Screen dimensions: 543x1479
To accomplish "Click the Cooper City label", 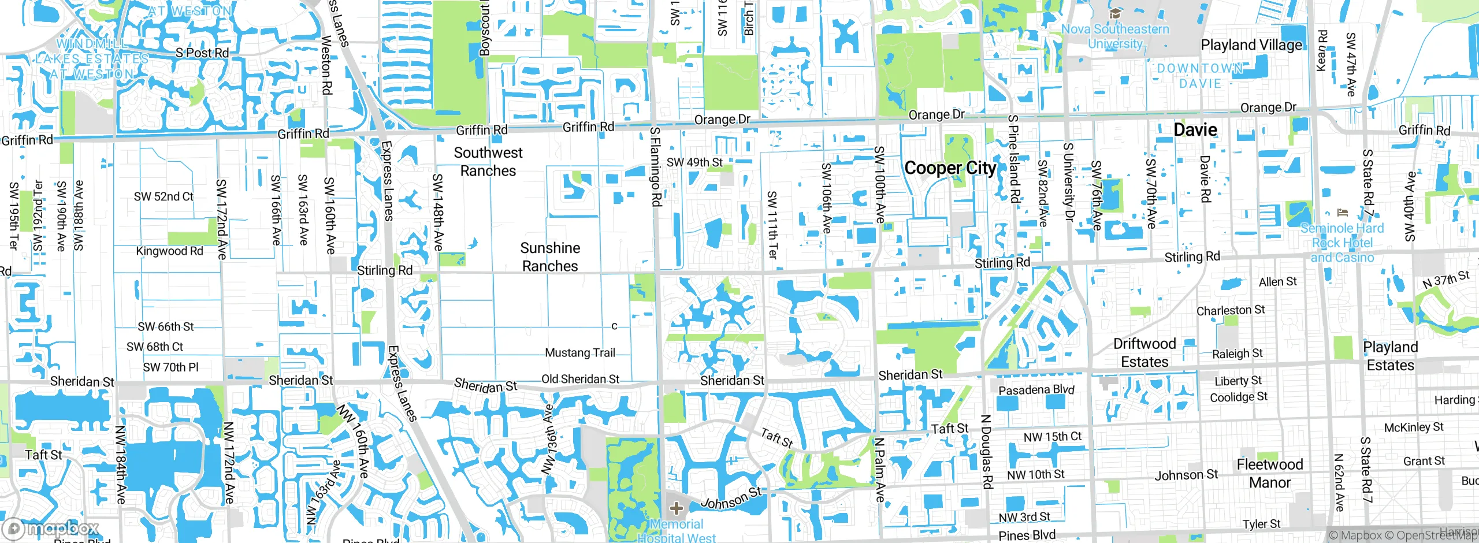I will click(950, 168).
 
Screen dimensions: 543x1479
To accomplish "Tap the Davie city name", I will click(1195, 130).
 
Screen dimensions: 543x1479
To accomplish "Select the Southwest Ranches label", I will click(488, 162).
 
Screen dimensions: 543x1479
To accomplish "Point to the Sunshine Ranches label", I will click(550, 257).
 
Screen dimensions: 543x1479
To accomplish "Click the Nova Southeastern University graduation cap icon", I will click(1115, 13).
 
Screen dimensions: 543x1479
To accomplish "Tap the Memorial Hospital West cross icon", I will click(676, 509).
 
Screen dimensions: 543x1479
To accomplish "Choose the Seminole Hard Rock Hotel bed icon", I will click(1342, 213).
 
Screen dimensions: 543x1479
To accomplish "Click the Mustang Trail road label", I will click(580, 352).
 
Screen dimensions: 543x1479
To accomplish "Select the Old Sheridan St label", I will click(580, 379).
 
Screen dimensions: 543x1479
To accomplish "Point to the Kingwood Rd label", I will click(169, 251).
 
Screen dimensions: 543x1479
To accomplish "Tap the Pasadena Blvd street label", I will click(1036, 390).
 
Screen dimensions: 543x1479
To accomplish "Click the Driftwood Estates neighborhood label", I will click(1144, 353).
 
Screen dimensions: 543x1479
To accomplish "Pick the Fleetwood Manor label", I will click(1270, 473).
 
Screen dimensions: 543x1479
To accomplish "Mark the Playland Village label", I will click(1251, 45).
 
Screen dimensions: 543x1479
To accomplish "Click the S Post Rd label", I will click(202, 53).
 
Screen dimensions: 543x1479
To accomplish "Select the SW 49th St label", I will click(694, 162).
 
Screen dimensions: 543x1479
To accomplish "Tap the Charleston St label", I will click(1231, 310).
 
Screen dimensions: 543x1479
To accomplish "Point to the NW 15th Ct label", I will click(1052, 437).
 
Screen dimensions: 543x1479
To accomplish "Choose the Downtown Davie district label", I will click(1200, 76).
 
